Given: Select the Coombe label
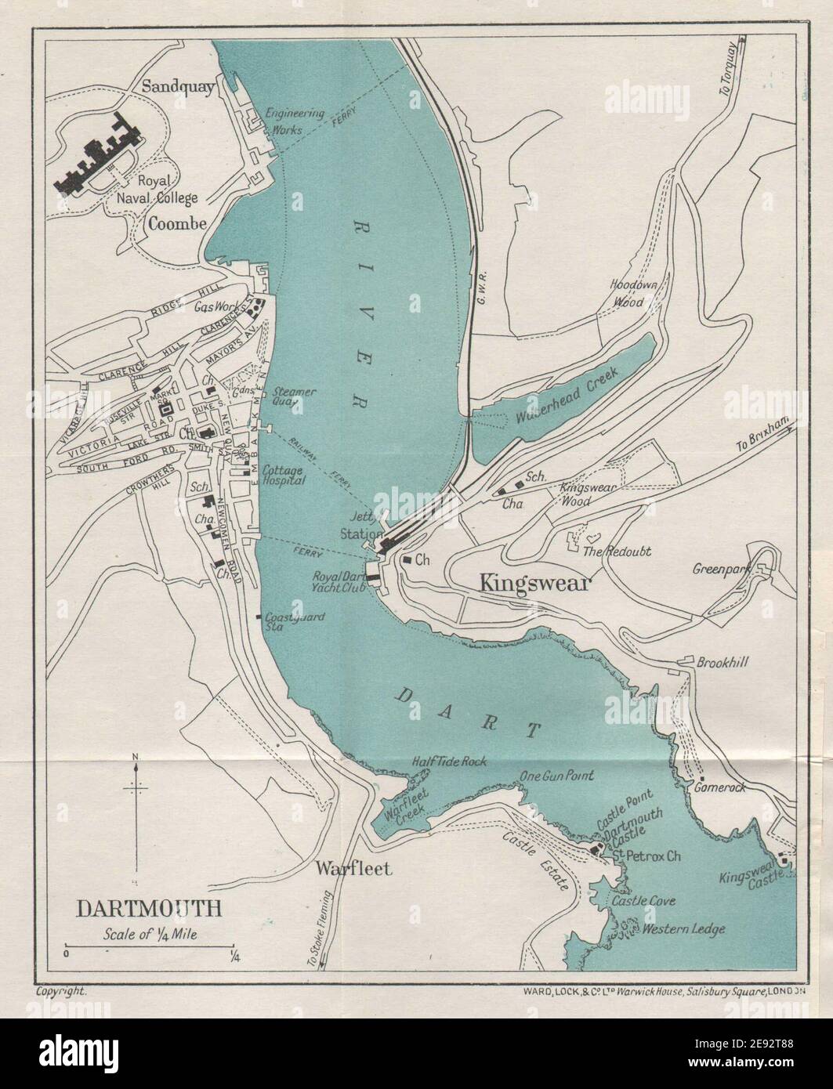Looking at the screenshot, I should point(177,223).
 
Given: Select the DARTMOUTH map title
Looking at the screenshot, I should point(148,908).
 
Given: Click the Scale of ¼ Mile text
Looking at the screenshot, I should point(147,935).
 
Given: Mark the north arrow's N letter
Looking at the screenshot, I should point(136,756).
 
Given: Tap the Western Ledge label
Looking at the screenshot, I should point(683,929).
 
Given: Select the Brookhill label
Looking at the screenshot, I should point(723,663).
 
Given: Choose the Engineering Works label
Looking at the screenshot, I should point(295,121).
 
